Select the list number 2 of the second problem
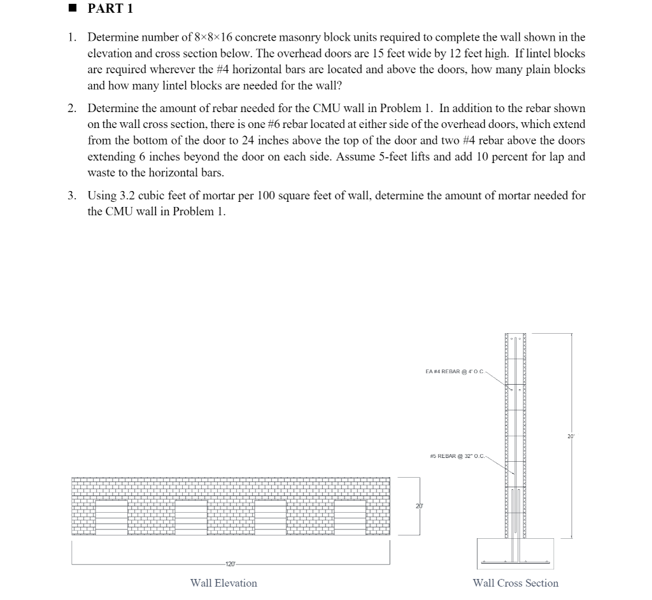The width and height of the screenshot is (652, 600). click(x=72, y=108)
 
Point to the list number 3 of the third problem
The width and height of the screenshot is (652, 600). click(x=72, y=196)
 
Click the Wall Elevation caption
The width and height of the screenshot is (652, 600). click(x=223, y=583)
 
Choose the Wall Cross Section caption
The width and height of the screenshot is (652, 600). click(x=515, y=583)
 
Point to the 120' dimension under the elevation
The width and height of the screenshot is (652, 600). click(x=230, y=564)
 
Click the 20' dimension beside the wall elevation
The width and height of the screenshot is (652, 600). click(x=418, y=505)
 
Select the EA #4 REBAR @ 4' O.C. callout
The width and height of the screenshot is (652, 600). click(x=454, y=371)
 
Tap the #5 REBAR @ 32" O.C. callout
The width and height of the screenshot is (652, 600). click(x=458, y=455)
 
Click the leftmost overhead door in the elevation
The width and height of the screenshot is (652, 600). click(x=111, y=517)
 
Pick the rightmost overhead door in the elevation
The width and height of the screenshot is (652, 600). click(x=350, y=517)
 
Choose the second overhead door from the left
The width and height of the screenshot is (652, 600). click(x=191, y=517)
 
